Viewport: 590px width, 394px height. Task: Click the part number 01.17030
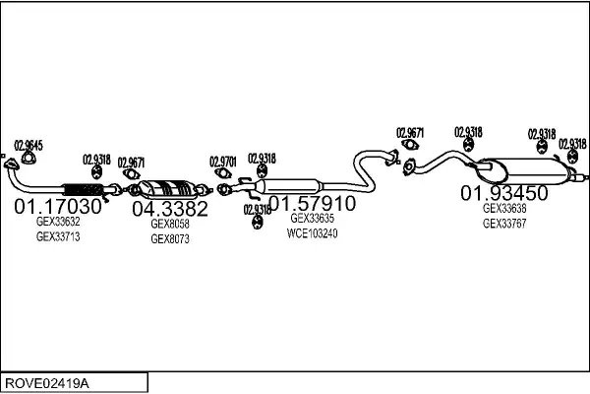(x=58, y=207)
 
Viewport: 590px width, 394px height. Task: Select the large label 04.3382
(x=170, y=209)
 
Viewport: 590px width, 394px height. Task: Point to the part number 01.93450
(x=504, y=192)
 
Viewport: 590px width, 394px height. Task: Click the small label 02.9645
(x=29, y=146)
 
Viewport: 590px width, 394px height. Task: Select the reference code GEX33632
(x=58, y=223)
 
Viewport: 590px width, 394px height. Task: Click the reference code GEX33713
(x=58, y=237)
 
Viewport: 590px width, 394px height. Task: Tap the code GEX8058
(x=170, y=224)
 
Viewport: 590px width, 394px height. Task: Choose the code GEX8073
(x=170, y=238)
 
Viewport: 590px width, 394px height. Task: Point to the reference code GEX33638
(x=504, y=208)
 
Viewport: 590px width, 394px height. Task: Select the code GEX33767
(x=504, y=224)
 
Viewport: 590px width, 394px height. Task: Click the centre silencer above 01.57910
(x=292, y=184)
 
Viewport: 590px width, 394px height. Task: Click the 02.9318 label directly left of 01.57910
(x=258, y=209)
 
